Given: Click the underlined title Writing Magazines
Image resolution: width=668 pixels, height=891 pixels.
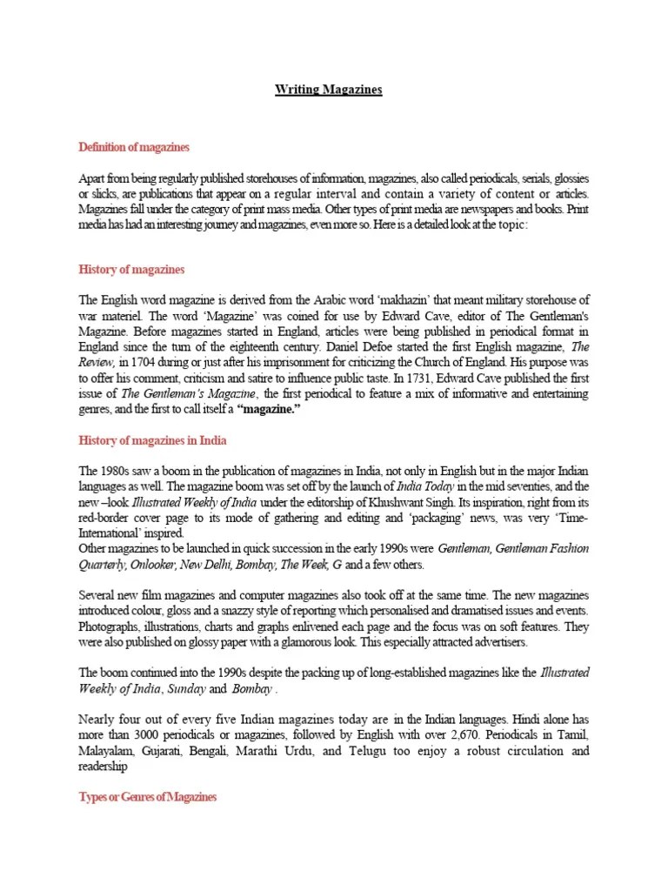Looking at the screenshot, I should pyautogui.click(x=329, y=90).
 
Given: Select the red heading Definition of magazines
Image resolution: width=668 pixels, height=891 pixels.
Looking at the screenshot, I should pyautogui.click(x=134, y=146).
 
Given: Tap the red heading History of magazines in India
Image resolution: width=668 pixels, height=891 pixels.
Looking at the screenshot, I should pyautogui.click(x=153, y=441).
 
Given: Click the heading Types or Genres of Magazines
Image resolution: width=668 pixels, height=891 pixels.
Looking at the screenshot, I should pyautogui.click(x=148, y=797).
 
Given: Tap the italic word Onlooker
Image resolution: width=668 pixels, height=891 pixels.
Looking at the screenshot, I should pyautogui.click(x=153, y=564).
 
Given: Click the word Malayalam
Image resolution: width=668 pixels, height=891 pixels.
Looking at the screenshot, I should pyautogui.click(x=108, y=750).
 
